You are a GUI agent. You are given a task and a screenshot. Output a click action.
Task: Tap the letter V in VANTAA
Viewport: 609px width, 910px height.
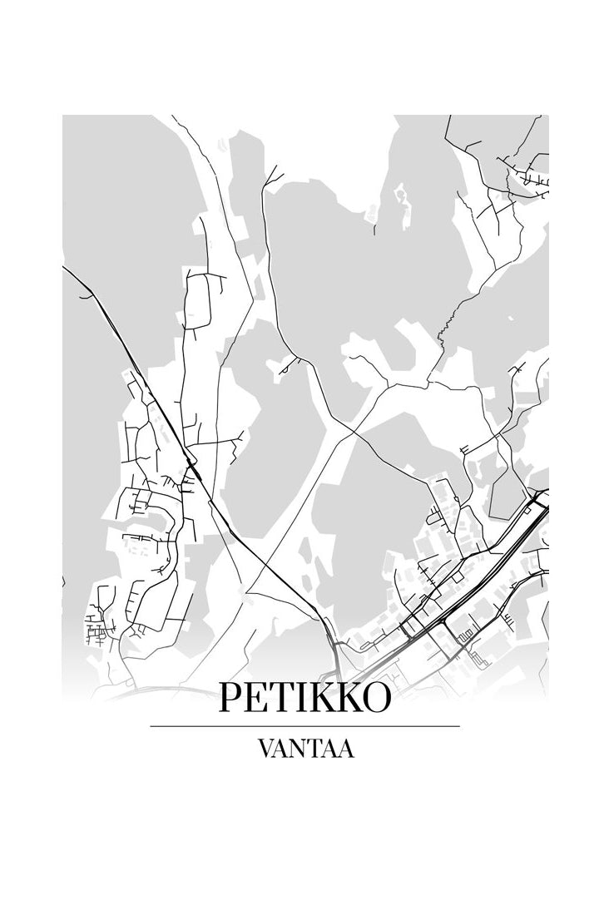click(266, 749)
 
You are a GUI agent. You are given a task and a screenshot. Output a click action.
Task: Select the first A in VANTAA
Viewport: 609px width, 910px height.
click(283, 749)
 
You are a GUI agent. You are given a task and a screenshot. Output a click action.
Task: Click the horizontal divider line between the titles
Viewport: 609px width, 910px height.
click(304, 726)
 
